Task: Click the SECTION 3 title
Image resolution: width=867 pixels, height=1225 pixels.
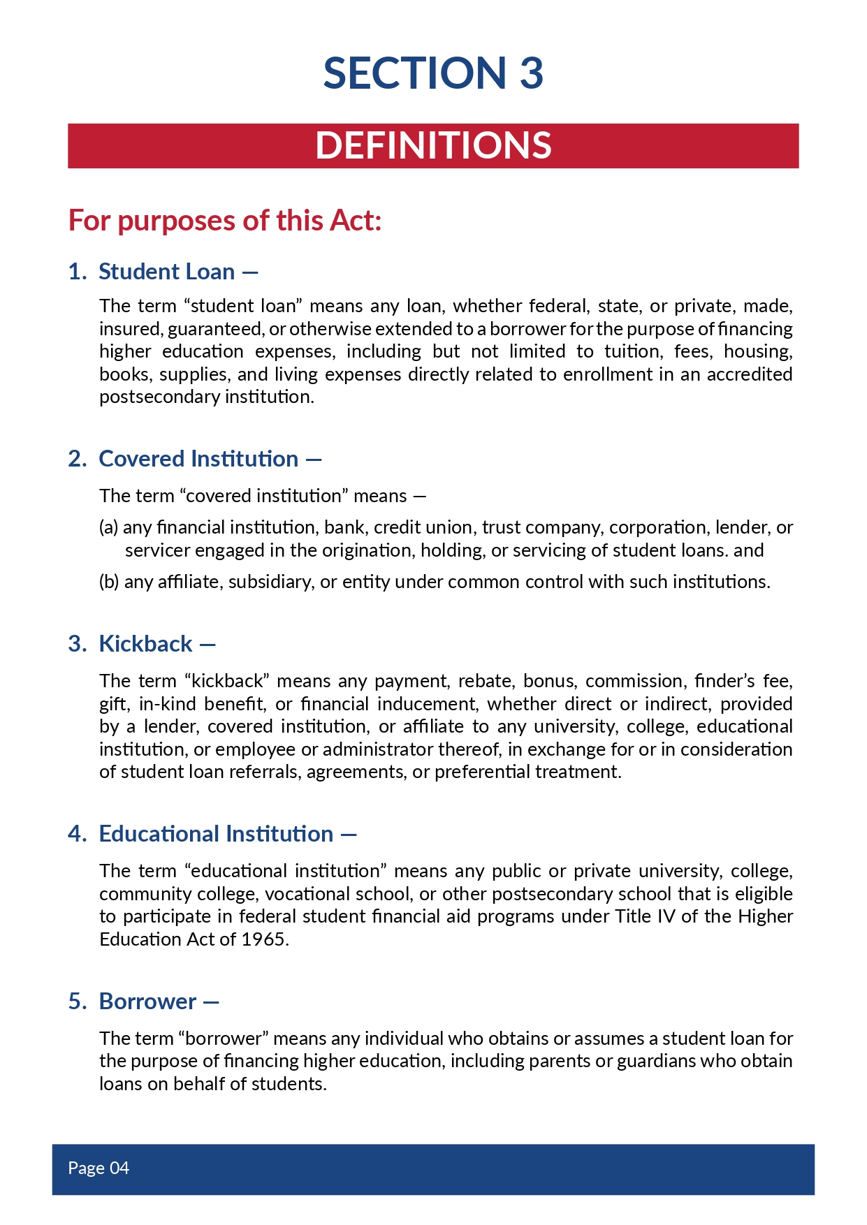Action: (433, 73)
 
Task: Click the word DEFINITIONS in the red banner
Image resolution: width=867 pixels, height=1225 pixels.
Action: (433, 145)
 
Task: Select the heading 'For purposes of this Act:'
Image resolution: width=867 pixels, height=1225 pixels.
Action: (225, 221)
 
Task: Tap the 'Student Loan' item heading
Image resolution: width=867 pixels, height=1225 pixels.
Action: (166, 272)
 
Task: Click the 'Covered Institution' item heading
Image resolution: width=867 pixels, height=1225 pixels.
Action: (198, 459)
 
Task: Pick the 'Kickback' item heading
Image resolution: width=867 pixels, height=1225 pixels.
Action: (145, 644)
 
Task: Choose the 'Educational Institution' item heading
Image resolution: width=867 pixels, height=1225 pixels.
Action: (216, 834)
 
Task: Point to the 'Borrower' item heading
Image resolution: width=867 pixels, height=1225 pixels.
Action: (147, 1002)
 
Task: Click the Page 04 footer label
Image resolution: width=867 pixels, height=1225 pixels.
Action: (99, 1168)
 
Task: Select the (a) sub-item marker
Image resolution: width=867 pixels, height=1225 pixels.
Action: (108, 527)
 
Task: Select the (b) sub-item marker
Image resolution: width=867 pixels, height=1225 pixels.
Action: (109, 582)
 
